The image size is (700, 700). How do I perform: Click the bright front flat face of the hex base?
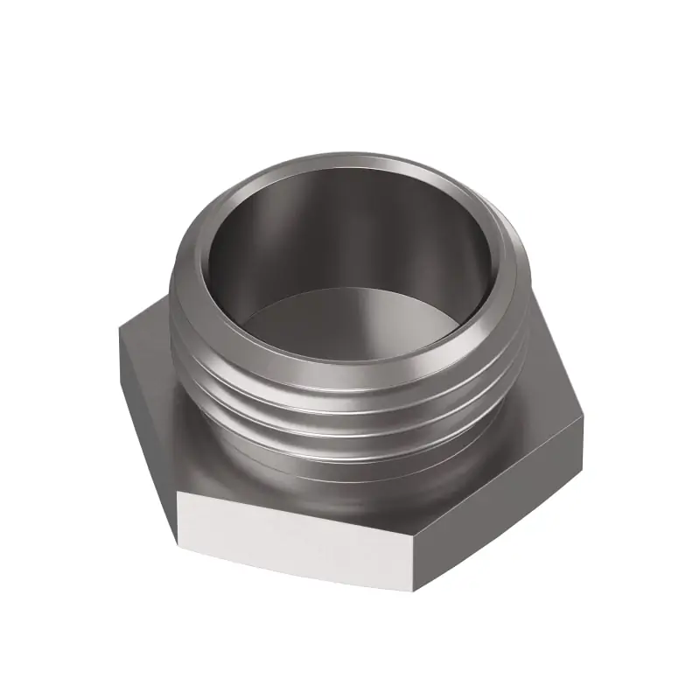tap(289, 534)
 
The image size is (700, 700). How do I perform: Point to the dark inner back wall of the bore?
tap(350, 227)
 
